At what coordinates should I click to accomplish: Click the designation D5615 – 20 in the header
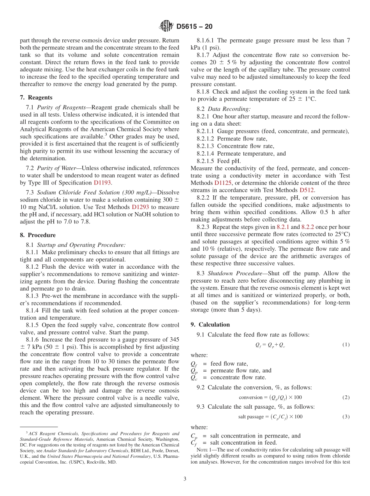pyautogui.click(x=194, y=27)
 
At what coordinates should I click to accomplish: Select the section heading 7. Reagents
pyautogui.click(x=36, y=97)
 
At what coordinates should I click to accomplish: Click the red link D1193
pyautogui.click(x=103, y=182)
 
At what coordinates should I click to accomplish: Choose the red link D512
pyautogui.click(x=307, y=190)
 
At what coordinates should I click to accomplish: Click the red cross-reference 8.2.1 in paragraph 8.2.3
pyautogui.click(x=283, y=227)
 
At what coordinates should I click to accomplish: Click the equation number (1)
pyautogui.click(x=345, y=345)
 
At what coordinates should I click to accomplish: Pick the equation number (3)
pyautogui.click(x=345, y=416)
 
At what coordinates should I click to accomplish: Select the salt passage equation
pyautogui.click(x=270, y=416)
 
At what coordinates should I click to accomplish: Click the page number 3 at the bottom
pyautogui.click(x=185, y=479)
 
